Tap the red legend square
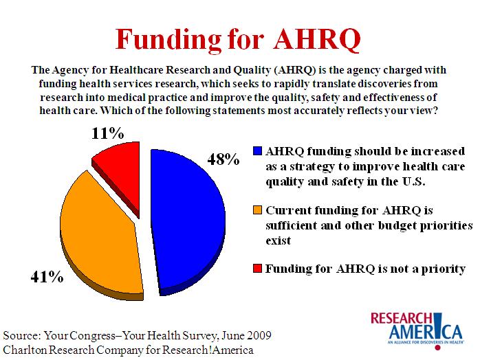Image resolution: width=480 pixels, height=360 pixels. pos(257,269)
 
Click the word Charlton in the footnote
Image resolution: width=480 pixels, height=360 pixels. pos(25,350)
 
